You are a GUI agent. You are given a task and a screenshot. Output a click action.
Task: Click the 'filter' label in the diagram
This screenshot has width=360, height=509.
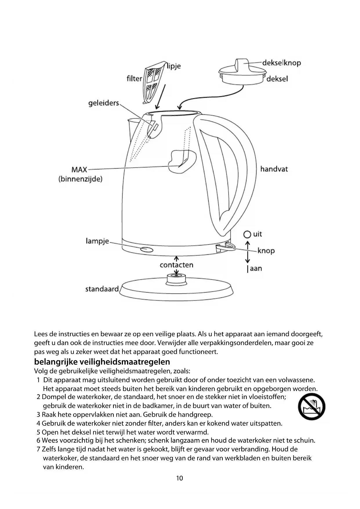pyautogui.click(x=134, y=78)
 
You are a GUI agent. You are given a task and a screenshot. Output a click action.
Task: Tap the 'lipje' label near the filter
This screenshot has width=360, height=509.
pyautogui.click(x=174, y=66)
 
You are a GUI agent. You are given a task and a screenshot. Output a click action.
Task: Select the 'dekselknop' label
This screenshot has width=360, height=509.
pyautogui.click(x=281, y=63)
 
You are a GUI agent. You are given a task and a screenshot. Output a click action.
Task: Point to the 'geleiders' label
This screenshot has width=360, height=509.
pyautogui.click(x=104, y=103)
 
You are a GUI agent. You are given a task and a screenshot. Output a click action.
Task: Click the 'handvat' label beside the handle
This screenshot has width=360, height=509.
pyautogui.click(x=274, y=169)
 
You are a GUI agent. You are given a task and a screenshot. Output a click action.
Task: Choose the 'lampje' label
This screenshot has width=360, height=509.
pyautogui.click(x=97, y=241)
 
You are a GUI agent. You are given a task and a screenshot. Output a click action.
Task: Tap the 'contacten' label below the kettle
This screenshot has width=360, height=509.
pyautogui.click(x=176, y=265)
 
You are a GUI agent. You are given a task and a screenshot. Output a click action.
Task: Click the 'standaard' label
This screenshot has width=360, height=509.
pyautogui.click(x=102, y=289)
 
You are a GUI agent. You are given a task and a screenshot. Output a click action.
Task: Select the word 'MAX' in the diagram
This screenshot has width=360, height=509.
pyautogui.click(x=79, y=169)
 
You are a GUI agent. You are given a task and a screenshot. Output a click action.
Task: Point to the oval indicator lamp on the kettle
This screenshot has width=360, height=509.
pyautogui.click(x=147, y=249)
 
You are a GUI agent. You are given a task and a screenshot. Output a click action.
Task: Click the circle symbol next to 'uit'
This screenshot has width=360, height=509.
pyautogui.click(x=247, y=234)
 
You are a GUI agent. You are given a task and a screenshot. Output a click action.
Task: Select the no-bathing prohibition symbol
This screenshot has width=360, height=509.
pyautogui.click(x=312, y=407)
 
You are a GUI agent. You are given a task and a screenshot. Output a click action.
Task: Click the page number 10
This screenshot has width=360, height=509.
pyautogui.click(x=180, y=478)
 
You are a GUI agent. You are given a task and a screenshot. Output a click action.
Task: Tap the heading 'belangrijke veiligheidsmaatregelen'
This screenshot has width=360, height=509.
pyautogui.click(x=102, y=362)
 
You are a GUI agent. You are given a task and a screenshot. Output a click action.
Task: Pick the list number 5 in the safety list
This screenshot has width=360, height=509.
pyautogui.click(x=38, y=432)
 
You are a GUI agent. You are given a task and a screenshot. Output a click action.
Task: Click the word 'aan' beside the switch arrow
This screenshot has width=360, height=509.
pyautogui.click(x=256, y=268)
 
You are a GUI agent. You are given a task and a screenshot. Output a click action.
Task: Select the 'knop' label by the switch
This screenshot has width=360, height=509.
pyautogui.click(x=266, y=250)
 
